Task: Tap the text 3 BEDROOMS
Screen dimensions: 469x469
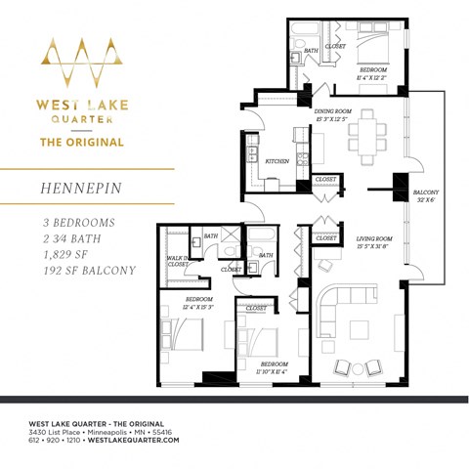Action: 78,223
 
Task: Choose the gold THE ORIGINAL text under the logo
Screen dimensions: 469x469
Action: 80,142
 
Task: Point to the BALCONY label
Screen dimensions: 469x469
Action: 426,192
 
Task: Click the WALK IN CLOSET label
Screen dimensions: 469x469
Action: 179,261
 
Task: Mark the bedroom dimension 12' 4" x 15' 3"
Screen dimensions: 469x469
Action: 199,309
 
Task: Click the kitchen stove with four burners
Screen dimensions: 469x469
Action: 252,155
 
